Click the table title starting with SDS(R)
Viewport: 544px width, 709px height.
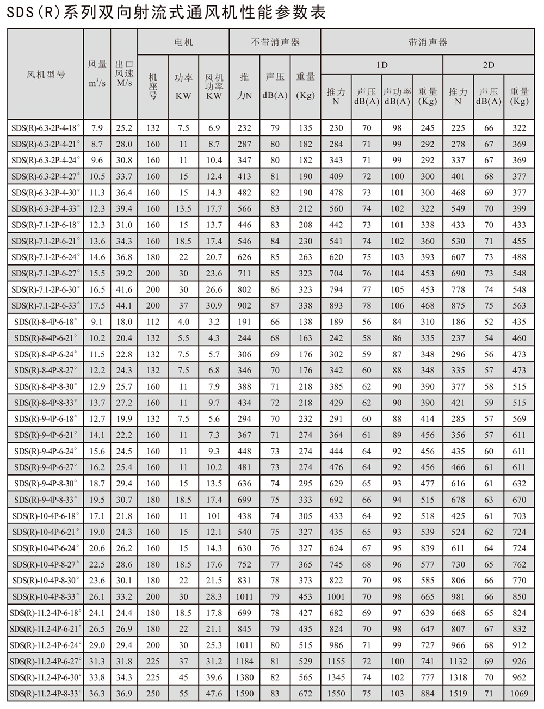(166, 12)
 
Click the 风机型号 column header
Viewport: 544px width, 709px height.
(46, 74)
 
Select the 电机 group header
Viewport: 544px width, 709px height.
(183, 42)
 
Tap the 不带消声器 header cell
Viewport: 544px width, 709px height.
(275, 42)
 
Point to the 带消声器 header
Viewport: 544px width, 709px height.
(428, 42)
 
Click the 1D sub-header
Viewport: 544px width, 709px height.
(382, 65)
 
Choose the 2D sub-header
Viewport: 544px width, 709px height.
(489, 65)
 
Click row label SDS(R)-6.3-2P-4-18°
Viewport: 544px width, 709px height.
(46, 128)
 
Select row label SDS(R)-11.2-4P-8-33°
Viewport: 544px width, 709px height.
(46, 694)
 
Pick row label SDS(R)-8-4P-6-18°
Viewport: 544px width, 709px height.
(46, 322)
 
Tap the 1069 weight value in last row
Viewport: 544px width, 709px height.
(519, 694)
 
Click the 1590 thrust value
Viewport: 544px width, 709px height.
(244, 694)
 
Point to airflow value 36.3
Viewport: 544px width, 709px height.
(97, 694)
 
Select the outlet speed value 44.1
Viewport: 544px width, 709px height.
(124, 306)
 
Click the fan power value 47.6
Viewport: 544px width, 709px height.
(214, 694)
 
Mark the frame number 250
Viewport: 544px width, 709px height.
(153, 694)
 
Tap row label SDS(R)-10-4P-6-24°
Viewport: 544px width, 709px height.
(46, 548)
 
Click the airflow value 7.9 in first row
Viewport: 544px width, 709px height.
(97, 128)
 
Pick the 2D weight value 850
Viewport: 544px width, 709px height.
(519, 596)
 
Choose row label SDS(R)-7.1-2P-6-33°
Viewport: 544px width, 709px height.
(46, 306)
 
